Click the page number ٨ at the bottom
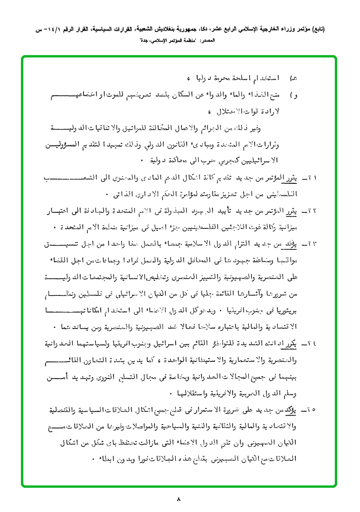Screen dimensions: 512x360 179,499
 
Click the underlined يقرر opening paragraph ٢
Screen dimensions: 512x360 294,210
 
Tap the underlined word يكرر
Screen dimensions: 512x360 294,343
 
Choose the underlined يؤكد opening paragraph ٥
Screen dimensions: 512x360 294,408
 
